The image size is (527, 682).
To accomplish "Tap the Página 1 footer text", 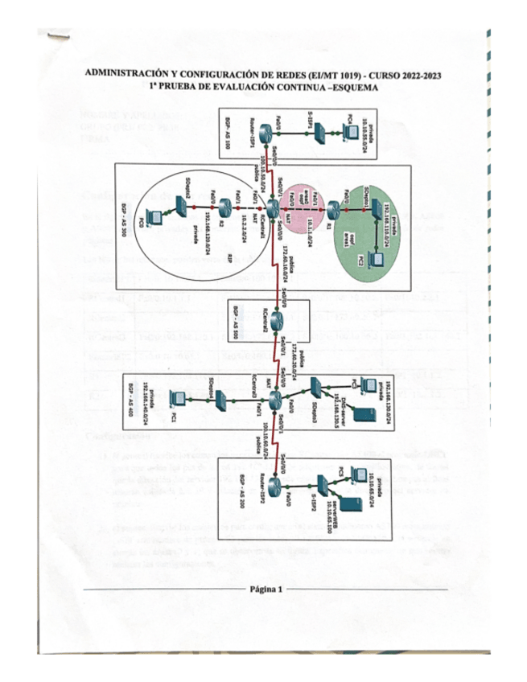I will click(266, 589).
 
